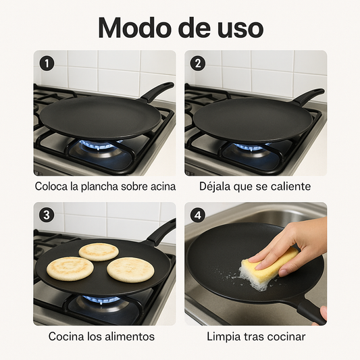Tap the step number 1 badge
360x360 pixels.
coord(47,63)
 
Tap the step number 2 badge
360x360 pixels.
coord(198,63)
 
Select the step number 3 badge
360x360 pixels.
coord(47,215)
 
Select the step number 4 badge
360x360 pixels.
coord(198,215)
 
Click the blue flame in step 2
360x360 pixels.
coord(250,146)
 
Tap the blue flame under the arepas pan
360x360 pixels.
coord(101,299)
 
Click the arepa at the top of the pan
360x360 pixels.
coord(99,251)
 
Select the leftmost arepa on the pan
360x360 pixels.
coord(70,268)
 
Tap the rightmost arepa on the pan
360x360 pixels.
coord(130,269)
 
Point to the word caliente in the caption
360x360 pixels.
coord(288,186)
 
